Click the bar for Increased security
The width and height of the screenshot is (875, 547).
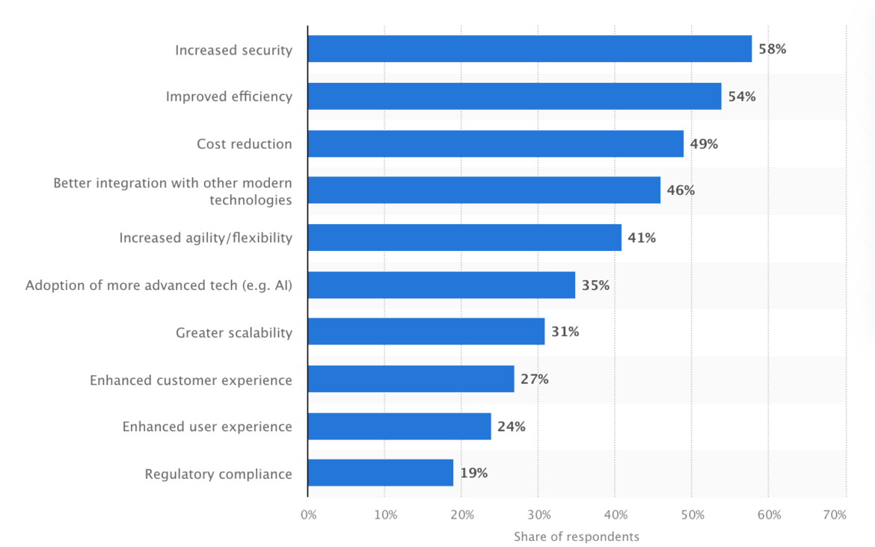point(529,49)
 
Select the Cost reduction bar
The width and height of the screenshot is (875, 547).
point(495,143)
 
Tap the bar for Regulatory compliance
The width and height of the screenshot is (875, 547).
point(381,473)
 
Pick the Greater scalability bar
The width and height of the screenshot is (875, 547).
point(426,332)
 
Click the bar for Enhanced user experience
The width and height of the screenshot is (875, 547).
point(399,427)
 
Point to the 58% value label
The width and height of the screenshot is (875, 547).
point(773,50)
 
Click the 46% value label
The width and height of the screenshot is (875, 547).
point(681,191)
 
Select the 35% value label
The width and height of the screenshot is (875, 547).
point(595,285)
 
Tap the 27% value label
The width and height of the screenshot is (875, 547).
point(535,380)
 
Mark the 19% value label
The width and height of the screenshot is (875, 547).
point(473,473)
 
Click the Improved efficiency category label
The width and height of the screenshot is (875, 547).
point(229,97)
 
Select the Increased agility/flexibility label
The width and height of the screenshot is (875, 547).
point(206,238)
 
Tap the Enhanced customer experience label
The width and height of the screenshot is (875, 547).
point(191,380)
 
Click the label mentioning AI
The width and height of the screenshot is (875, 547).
point(159,285)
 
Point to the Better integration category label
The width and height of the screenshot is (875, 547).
point(173,191)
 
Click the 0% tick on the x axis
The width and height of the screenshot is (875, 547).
point(308,515)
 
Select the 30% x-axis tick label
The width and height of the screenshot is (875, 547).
point(538,515)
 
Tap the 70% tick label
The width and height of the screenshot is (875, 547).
point(835,515)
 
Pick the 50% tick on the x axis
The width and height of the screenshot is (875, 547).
point(692,515)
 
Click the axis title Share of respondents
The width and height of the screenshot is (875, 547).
point(577,537)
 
